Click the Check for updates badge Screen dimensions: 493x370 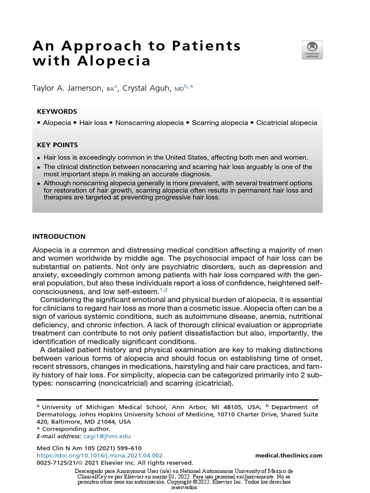point(312,50)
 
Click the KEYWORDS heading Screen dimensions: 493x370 point(57,111)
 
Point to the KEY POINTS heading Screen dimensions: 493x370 point(57,145)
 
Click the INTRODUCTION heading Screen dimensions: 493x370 point(59,236)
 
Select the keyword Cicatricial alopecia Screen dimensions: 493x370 point(287,123)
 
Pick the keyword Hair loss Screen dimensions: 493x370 point(93,123)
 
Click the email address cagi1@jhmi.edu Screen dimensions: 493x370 point(106,436)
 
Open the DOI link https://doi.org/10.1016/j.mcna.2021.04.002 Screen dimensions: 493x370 point(100,455)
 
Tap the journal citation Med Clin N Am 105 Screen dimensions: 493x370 point(67,448)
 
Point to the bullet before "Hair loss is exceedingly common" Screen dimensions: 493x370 point(39,158)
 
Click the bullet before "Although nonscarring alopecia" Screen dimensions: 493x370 point(39,183)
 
